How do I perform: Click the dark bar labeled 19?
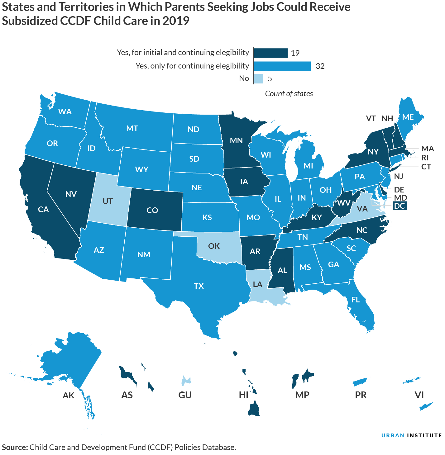click(x=270, y=53)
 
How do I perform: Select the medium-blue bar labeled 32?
click(x=282, y=66)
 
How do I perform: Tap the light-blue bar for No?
click(x=258, y=78)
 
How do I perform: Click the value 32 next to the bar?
click(x=320, y=66)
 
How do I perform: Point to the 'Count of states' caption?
click(x=289, y=94)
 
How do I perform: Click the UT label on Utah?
click(x=108, y=201)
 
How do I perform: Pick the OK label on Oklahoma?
click(x=214, y=246)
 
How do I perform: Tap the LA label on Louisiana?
click(x=258, y=284)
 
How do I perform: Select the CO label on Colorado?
click(x=152, y=210)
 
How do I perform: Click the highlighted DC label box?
click(x=399, y=206)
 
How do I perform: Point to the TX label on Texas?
click(x=199, y=286)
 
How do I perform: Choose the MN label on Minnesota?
click(x=236, y=140)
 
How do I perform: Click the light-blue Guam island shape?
click(x=186, y=380)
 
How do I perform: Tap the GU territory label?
click(x=185, y=395)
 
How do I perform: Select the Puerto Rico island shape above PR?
click(x=360, y=382)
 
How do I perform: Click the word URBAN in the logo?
click(x=393, y=435)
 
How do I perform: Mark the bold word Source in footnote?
click(x=14, y=447)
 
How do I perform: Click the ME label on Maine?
click(x=408, y=117)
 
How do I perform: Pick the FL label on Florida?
click(x=356, y=300)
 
